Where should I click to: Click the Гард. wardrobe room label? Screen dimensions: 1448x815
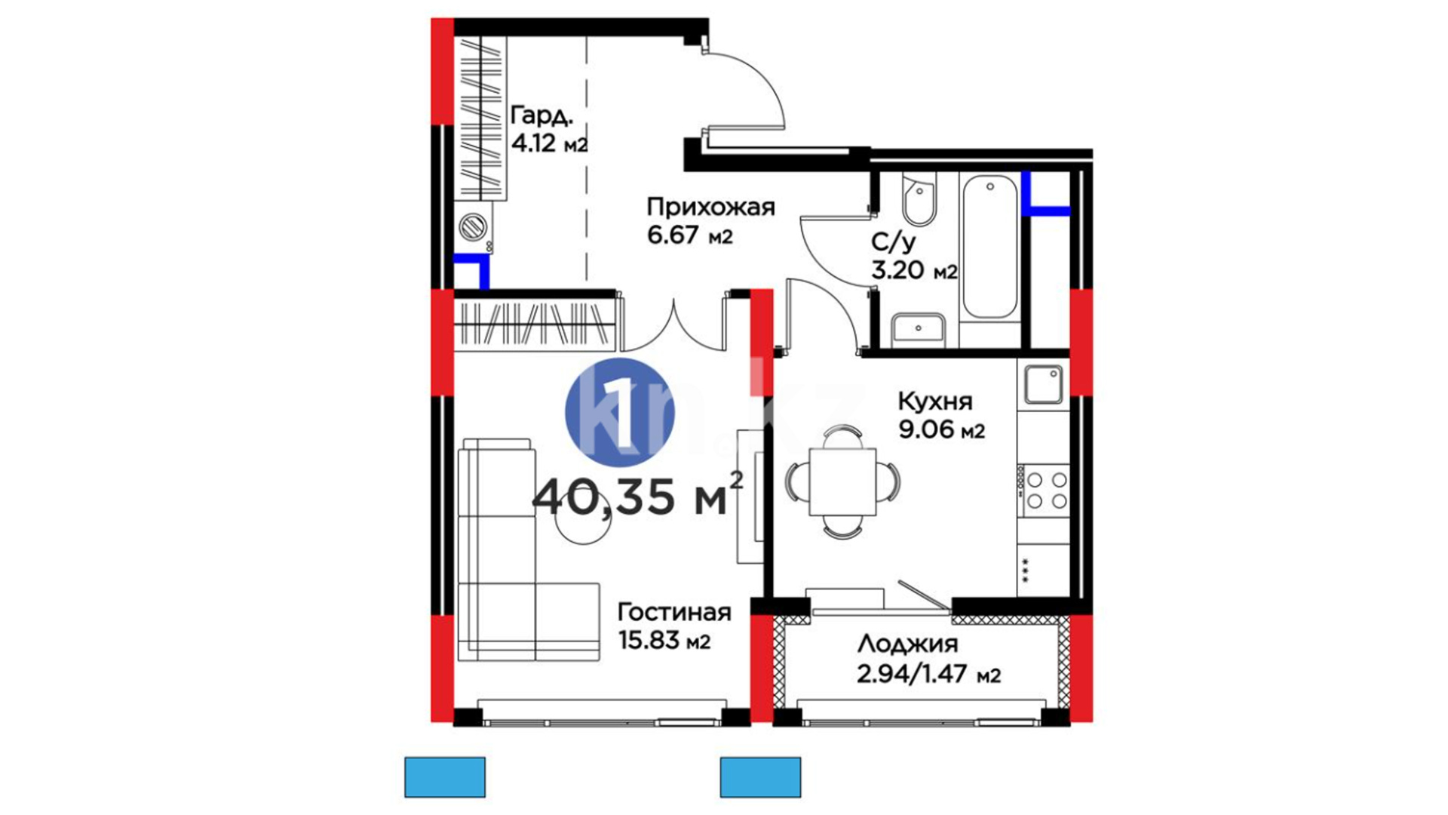pos(541,116)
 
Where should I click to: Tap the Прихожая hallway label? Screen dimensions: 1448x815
pos(711,207)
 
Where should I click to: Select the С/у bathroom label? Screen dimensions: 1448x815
pos(894,242)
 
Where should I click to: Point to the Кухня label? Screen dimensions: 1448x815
pos(935,401)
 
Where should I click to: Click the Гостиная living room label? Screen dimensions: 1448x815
pos(674,612)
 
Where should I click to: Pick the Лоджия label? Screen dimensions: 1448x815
pos(907,644)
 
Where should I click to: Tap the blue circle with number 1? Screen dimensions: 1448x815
pos(620,413)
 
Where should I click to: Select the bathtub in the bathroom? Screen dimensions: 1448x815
pos(990,247)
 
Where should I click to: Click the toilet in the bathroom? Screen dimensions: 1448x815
pos(919,199)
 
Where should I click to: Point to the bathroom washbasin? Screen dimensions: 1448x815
pos(918,330)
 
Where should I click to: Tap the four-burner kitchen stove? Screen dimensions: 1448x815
pos(1044,491)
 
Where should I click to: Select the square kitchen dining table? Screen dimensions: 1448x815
pos(842,481)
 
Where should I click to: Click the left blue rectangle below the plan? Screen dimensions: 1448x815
pos(445,777)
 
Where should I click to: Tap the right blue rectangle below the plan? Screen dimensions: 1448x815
pos(760,777)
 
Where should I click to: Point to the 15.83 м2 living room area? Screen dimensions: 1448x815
pos(664,641)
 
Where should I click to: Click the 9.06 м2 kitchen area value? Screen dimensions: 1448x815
pos(941,430)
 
